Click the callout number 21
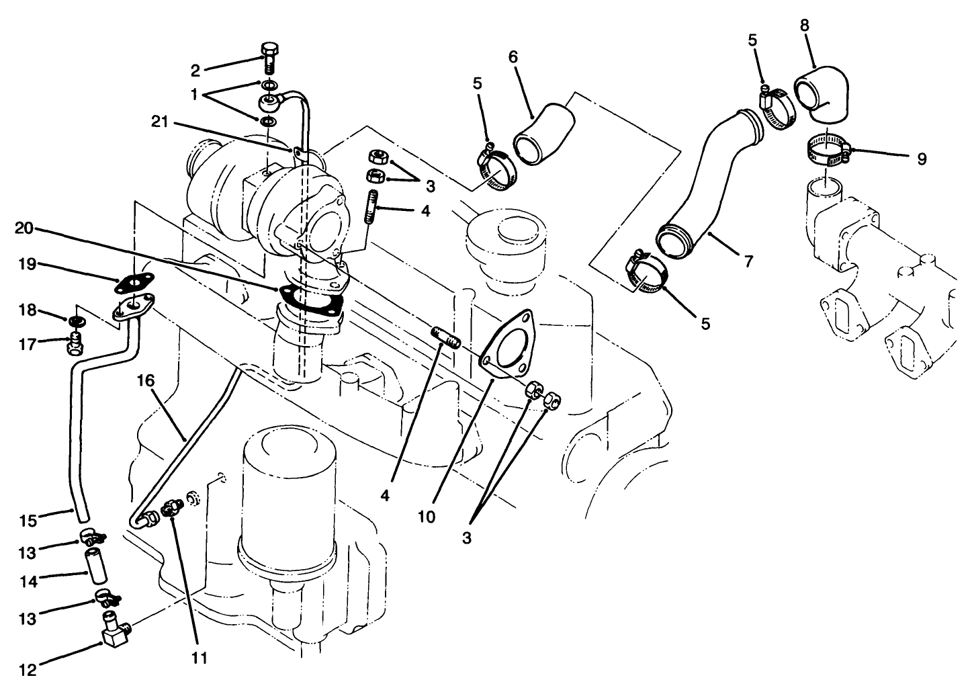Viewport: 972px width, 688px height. coord(161,123)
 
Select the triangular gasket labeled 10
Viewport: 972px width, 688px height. coord(509,343)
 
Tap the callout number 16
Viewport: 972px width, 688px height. coord(146,381)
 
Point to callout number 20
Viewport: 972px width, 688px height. coord(25,228)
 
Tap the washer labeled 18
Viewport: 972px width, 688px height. coord(75,320)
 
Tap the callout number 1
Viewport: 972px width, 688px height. coord(195,94)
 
